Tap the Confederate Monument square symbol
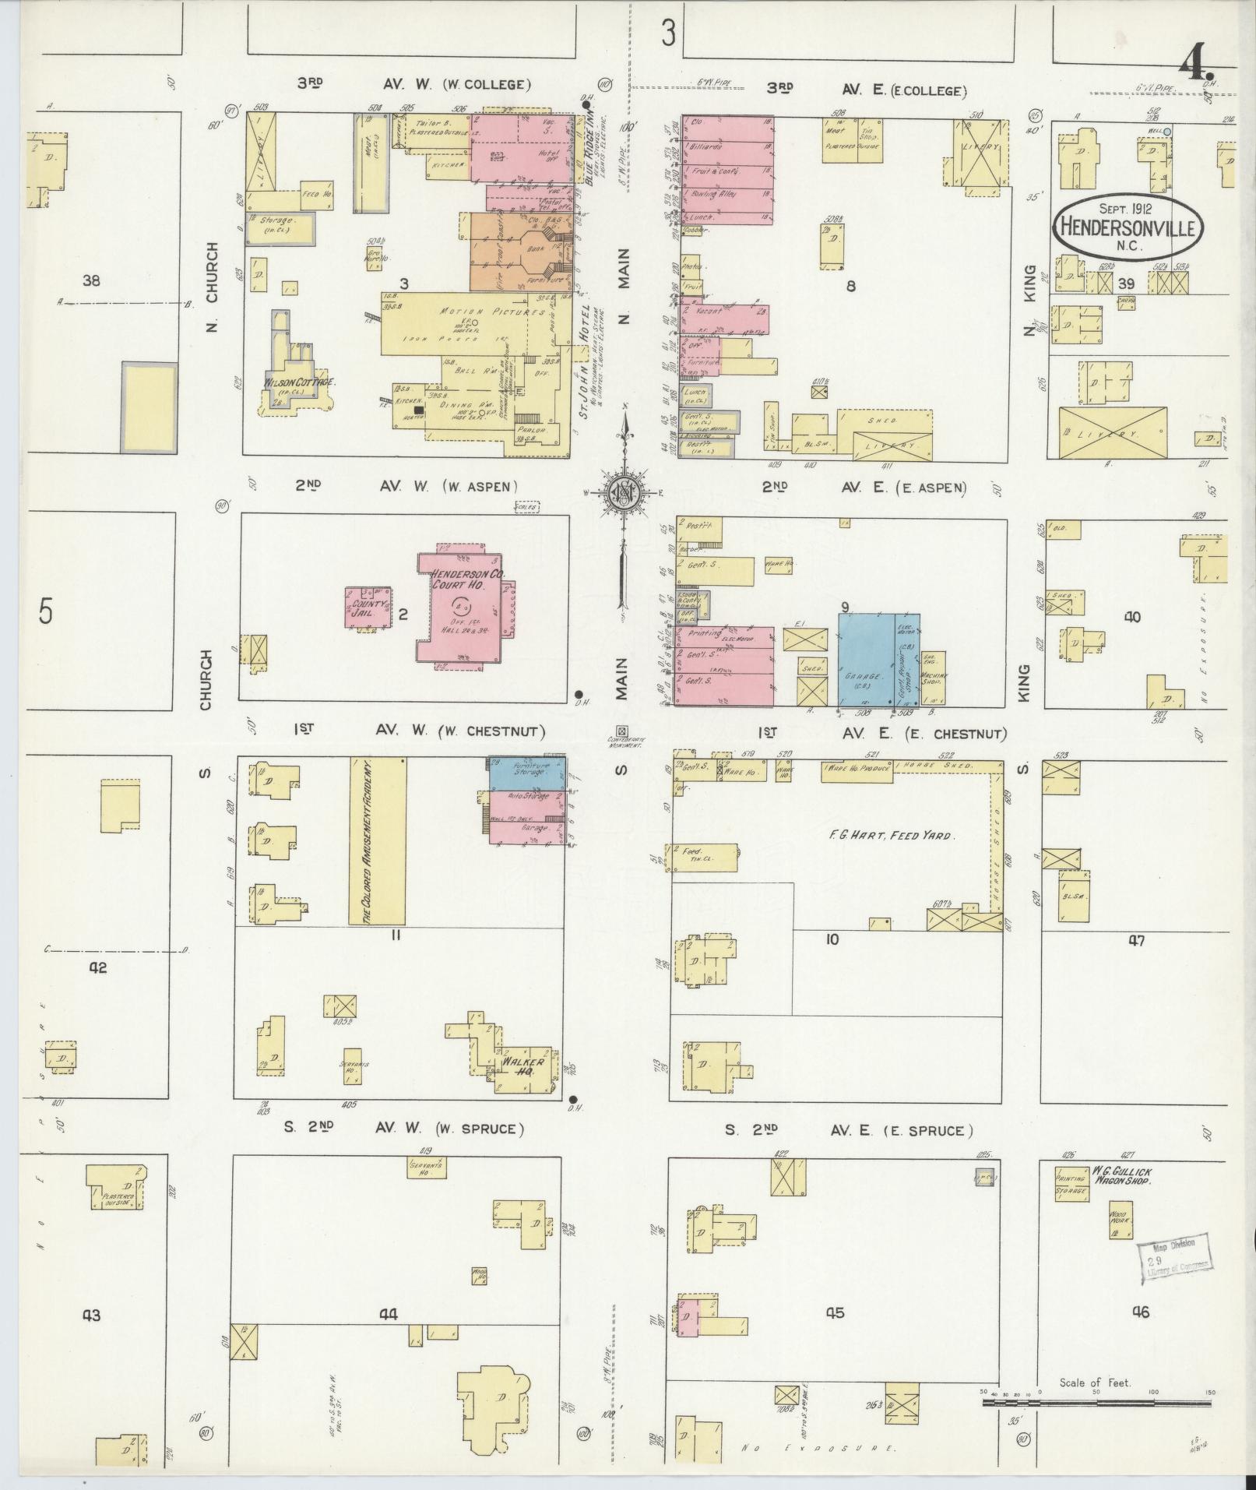click(x=621, y=731)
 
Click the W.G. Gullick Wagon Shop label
click(x=1121, y=1175)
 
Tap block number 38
click(x=92, y=280)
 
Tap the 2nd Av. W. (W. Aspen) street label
click(x=406, y=486)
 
